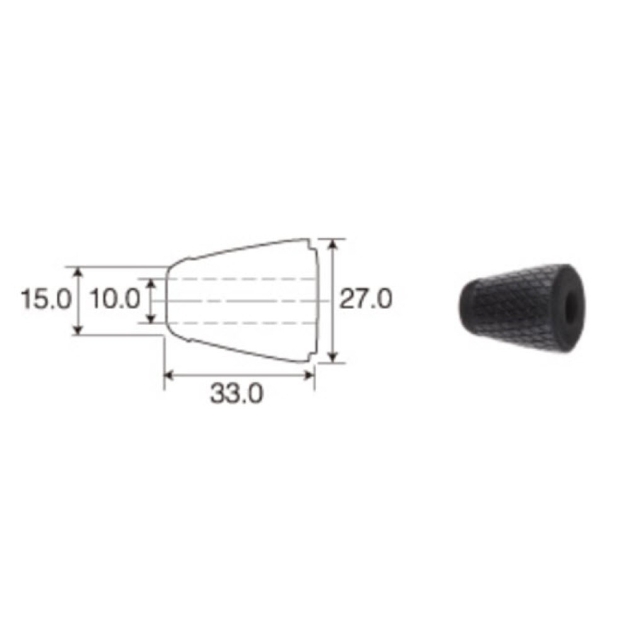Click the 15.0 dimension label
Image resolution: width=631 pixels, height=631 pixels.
pos(46,299)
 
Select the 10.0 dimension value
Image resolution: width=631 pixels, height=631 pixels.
pos(115,299)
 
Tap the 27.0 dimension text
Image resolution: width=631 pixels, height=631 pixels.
pos(365,299)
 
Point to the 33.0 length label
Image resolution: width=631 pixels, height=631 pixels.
pos(237,393)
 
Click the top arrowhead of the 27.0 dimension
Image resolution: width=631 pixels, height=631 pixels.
pos(333,244)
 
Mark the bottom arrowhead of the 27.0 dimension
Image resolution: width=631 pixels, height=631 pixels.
pos(333,357)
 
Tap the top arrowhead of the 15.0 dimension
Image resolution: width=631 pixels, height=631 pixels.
pos(78,272)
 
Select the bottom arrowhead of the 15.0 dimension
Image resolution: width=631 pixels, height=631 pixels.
pos(78,329)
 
